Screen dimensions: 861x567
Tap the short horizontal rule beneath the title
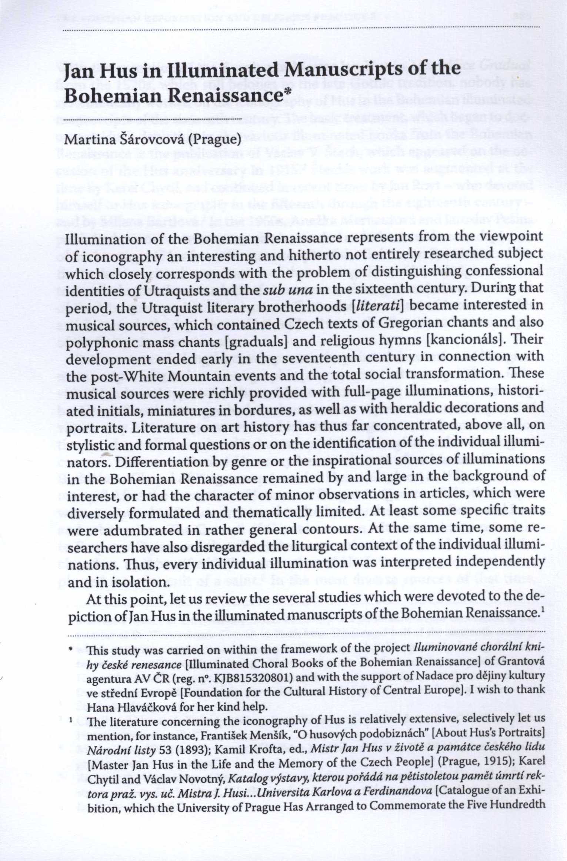pos(153,119)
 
